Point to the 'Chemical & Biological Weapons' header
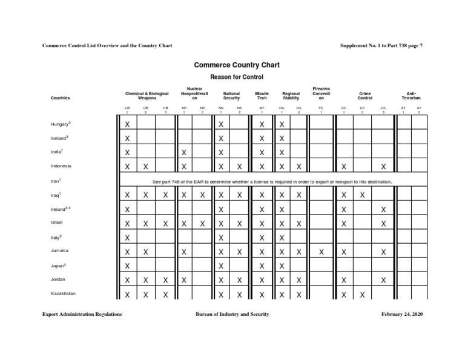click(147, 96)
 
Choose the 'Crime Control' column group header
click(364, 96)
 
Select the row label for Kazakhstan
click(63, 293)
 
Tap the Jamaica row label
click(60, 251)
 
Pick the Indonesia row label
click(61, 166)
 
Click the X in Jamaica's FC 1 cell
click(321, 252)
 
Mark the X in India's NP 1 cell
click(184, 153)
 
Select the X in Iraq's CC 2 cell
click(362, 195)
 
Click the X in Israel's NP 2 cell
click(202, 224)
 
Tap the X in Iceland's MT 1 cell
click(262, 139)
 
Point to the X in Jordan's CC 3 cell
click(383, 280)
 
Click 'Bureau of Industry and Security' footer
click(232, 315)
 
